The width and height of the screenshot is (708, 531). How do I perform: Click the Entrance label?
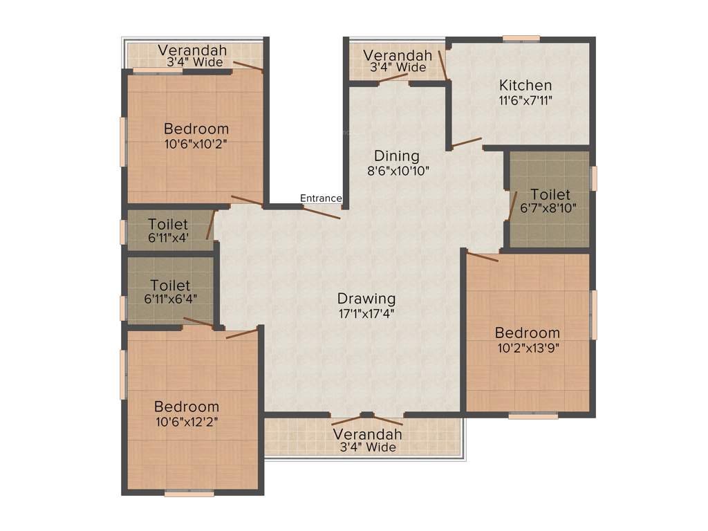(x=321, y=198)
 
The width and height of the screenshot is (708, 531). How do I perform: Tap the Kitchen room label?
(x=525, y=86)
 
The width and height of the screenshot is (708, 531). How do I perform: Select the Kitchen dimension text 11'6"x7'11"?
(x=525, y=100)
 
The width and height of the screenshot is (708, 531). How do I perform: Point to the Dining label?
(x=397, y=156)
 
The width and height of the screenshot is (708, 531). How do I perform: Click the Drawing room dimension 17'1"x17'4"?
(x=366, y=313)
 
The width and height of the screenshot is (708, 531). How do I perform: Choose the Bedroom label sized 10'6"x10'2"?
(x=196, y=129)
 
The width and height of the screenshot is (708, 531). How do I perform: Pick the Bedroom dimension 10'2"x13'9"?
(x=528, y=348)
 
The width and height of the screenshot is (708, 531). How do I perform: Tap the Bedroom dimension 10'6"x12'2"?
(x=187, y=421)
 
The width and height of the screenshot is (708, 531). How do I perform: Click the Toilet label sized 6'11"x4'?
(x=168, y=225)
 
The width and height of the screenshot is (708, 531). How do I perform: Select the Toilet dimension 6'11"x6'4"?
(x=170, y=299)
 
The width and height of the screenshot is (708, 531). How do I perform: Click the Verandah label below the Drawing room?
(x=367, y=435)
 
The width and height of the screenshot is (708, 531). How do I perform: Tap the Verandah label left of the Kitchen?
(x=398, y=55)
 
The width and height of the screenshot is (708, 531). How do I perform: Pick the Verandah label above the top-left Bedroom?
(x=192, y=50)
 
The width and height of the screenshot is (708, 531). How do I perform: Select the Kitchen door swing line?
(x=467, y=142)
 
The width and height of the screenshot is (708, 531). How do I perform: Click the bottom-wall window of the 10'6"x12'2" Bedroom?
(x=189, y=494)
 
